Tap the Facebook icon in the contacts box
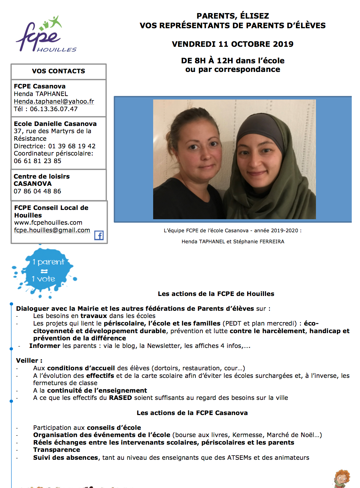pyautogui.click(x=99, y=235)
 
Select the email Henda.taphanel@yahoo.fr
pyautogui.click(x=54, y=102)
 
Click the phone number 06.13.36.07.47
pyautogui.click(x=54, y=109)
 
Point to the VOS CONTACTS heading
pyautogui.click(x=59, y=71)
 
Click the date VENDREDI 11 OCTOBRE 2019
pyautogui.click(x=233, y=44)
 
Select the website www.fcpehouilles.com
pyautogui.click(x=48, y=223)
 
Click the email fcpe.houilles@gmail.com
pyautogui.click(x=52, y=230)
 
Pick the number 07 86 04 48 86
pyautogui.click(x=38, y=191)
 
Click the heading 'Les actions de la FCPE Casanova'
pyautogui.click(x=192, y=413)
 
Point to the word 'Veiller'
pyautogui.click(x=27, y=361)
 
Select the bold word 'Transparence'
pyautogui.click(x=56, y=450)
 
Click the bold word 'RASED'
pyautogui.click(x=120, y=398)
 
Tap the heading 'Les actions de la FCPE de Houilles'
pyautogui.click(x=216, y=294)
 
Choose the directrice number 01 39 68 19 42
pyautogui.click(x=72, y=146)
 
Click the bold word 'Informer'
pyautogui.click(x=45, y=346)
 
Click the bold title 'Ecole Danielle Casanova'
pyautogui.click(x=55, y=124)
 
